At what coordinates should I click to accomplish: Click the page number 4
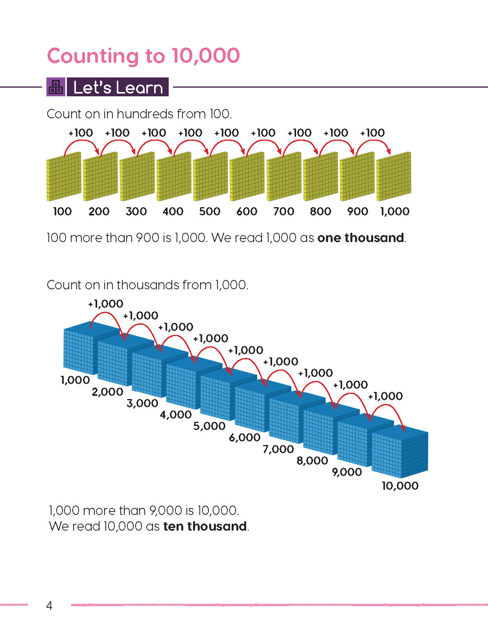pos(49,605)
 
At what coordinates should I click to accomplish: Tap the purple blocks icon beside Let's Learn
pos(56,87)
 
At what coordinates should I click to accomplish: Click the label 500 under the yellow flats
pos(210,211)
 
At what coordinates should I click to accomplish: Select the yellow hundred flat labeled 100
pos(64,177)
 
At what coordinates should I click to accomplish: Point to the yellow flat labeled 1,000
pos(394,177)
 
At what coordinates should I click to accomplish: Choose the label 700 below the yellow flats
pos(284,211)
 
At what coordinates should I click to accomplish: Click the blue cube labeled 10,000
pos(399,452)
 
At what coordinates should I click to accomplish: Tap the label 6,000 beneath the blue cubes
pos(245,438)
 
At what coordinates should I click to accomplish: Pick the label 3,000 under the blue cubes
pos(142,403)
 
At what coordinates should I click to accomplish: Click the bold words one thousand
pos(361,238)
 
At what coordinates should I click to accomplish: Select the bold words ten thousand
pos(205,526)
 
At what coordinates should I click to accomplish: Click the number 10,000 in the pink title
pos(205,56)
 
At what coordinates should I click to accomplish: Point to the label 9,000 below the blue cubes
pos(347,472)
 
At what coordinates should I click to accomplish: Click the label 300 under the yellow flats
pos(136,211)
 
